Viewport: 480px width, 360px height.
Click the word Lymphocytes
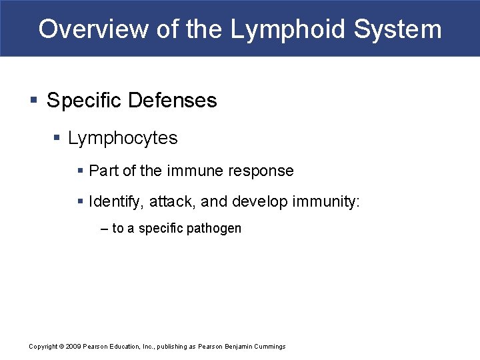[123, 138]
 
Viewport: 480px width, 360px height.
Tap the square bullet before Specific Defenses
[34, 101]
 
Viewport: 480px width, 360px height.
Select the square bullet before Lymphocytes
[57, 139]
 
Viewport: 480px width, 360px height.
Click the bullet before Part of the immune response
[81, 171]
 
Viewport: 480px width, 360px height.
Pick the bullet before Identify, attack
[81, 201]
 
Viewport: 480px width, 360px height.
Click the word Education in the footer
[129, 346]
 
